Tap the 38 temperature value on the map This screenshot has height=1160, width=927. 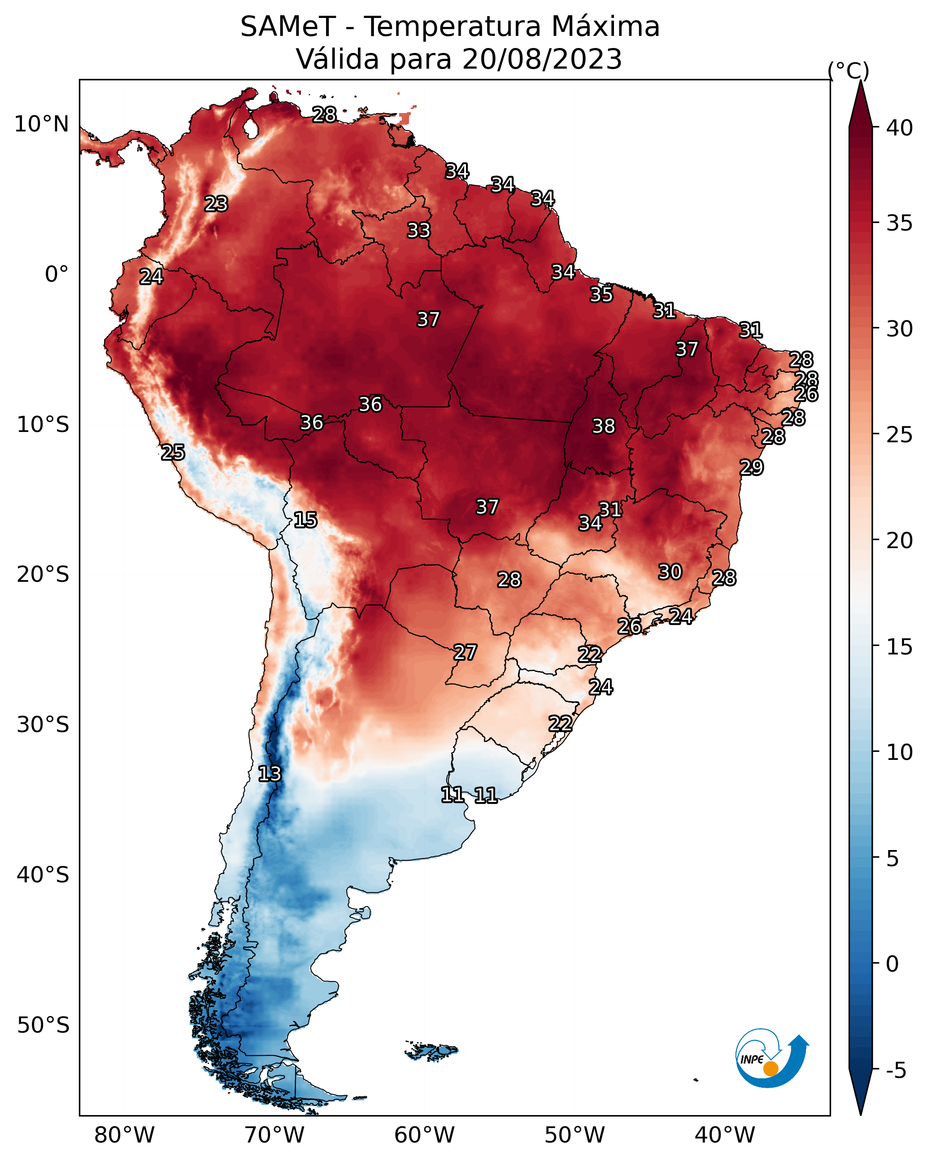(603, 426)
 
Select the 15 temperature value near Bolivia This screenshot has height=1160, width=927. (305, 520)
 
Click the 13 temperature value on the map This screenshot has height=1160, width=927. (269, 774)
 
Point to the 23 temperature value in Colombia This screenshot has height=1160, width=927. (216, 204)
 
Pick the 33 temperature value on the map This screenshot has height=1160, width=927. (418, 230)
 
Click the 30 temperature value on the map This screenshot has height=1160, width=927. (670, 572)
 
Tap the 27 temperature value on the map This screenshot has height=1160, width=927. (464, 653)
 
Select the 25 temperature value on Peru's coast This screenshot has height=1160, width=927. (173, 453)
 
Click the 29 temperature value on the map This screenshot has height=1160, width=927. (751, 467)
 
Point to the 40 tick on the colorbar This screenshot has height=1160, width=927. (899, 128)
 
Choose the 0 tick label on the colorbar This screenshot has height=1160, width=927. (892, 964)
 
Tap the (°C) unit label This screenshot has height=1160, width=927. (849, 70)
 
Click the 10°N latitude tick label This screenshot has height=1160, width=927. (41, 124)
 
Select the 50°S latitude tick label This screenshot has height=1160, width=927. (43, 1025)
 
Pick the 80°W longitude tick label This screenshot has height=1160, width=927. (124, 1135)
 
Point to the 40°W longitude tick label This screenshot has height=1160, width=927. (725, 1135)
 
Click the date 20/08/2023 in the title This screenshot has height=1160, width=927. (542, 59)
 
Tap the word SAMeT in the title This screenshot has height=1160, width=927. (288, 27)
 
